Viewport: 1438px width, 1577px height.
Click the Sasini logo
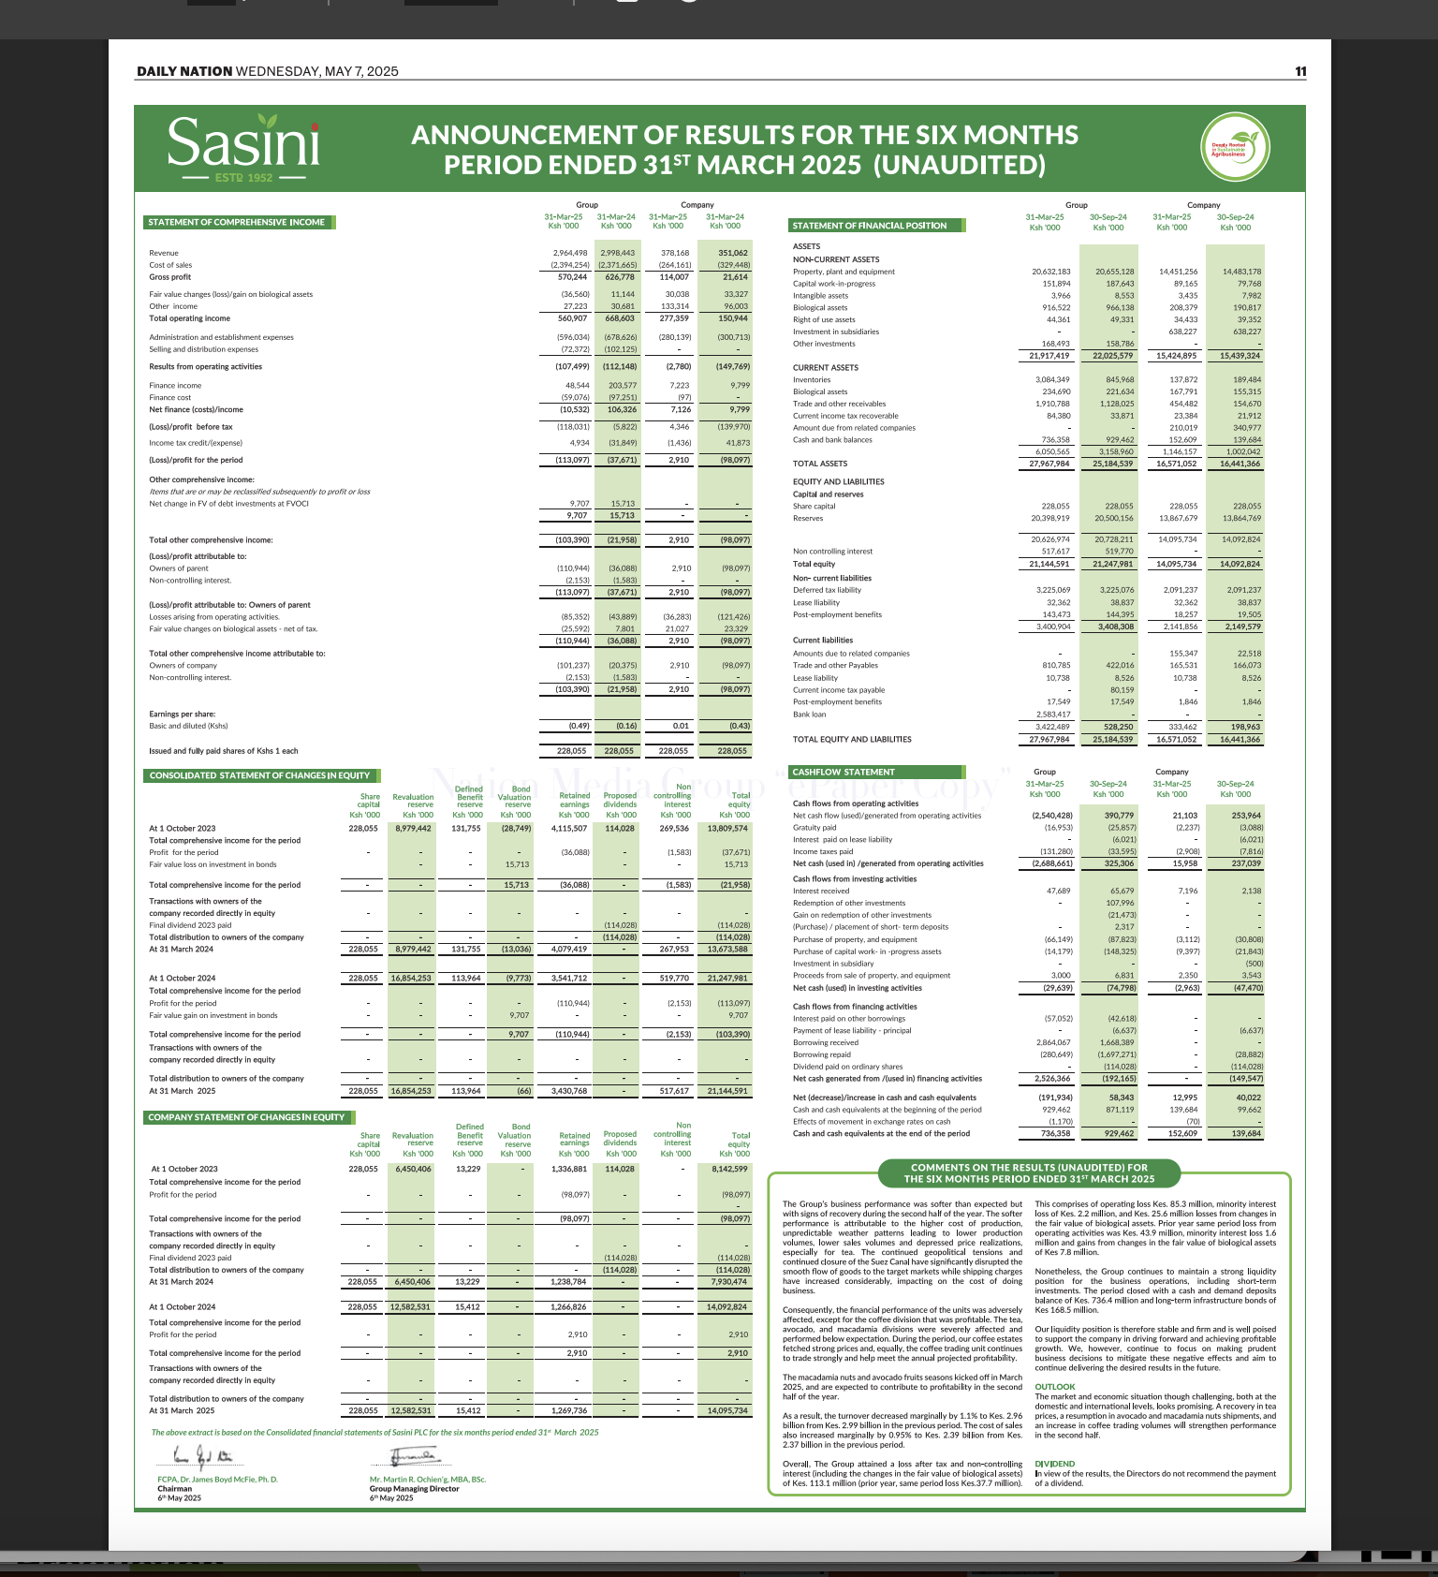point(243,147)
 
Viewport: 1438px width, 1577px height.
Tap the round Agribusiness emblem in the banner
point(1235,148)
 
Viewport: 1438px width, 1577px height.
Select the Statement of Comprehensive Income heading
point(237,222)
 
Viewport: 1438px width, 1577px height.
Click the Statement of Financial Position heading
point(870,226)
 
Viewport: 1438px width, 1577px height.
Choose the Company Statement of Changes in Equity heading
point(246,1117)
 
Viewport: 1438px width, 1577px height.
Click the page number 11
point(1300,72)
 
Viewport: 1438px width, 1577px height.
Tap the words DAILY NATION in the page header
point(184,71)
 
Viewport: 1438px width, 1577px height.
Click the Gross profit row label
point(170,277)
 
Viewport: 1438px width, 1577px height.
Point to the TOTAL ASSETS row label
point(820,464)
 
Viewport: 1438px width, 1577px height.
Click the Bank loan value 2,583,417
point(1050,715)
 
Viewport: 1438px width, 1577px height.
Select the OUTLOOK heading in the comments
point(1055,1387)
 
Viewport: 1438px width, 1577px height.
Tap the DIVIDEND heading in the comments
point(1055,1464)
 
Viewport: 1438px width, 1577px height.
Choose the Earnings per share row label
point(176,714)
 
